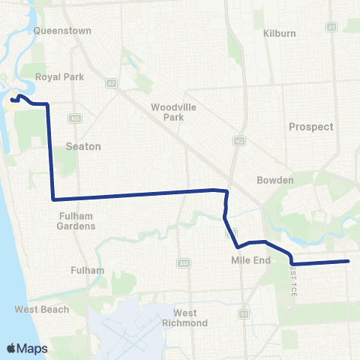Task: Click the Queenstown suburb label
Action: click(62, 31)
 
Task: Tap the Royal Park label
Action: click(59, 76)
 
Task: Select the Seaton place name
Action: click(82, 146)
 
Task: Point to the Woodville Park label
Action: click(173, 112)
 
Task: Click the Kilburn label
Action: click(280, 34)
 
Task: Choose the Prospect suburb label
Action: click(310, 127)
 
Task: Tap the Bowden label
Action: click(275, 180)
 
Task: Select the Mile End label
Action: click(244, 260)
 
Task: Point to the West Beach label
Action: click(42, 309)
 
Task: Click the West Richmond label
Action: click(185, 318)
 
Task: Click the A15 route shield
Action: click(73, 118)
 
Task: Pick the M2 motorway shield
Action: click(238, 140)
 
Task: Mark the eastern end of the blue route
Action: click(349, 261)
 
